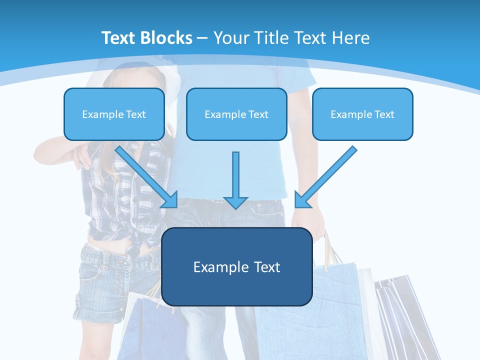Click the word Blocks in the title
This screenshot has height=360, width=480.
(x=167, y=38)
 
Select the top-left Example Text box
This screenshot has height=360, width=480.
(x=114, y=114)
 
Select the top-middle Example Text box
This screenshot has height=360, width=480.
(x=236, y=114)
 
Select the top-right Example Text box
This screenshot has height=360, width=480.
(x=362, y=114)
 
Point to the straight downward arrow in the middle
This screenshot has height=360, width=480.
(x=235, y=175)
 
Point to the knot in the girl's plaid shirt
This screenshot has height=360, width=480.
(x=135, y=245)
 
